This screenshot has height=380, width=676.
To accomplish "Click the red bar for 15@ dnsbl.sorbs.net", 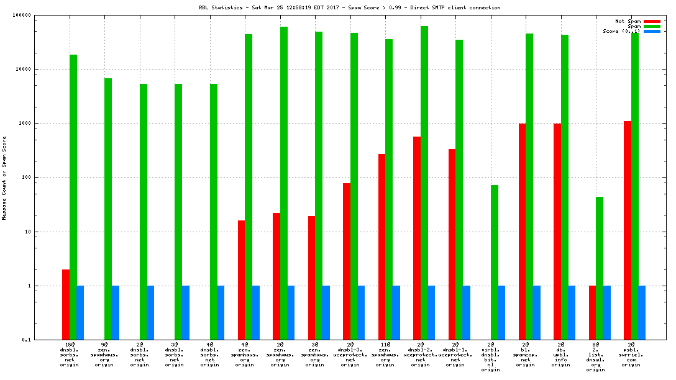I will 66,304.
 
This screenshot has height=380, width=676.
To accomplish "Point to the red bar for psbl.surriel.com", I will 628,230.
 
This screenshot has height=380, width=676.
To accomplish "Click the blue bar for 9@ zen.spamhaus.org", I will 116,312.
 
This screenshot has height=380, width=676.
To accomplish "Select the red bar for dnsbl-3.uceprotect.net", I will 347,261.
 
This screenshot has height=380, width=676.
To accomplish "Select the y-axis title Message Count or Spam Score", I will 4,178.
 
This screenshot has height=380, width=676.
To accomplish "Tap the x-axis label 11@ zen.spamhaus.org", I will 385,355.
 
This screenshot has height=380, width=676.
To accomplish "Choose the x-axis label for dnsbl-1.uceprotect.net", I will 455,355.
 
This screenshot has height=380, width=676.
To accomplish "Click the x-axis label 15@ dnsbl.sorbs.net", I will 70,355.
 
